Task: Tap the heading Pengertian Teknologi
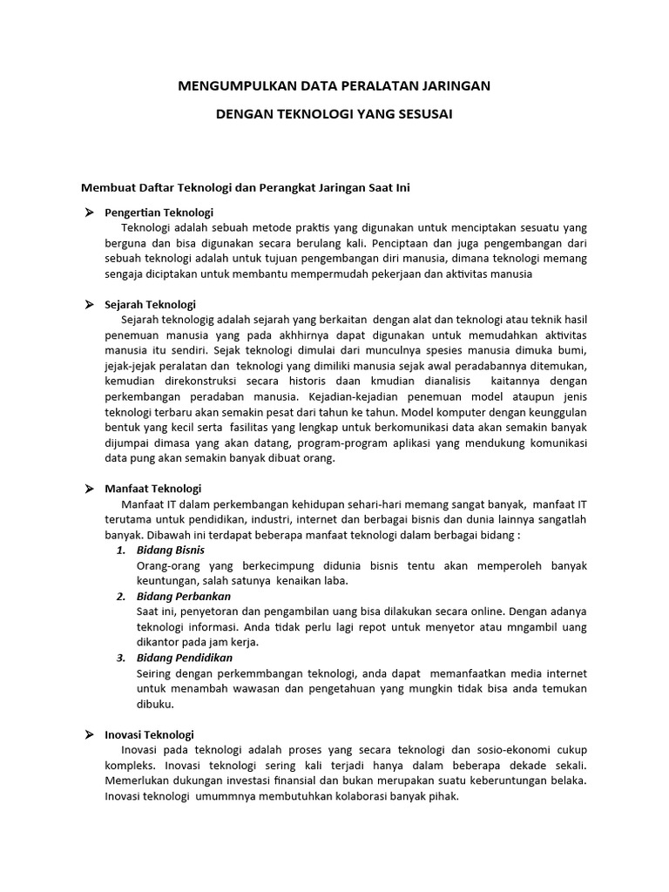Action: pos(159,213)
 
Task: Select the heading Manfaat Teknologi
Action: pos(152,489)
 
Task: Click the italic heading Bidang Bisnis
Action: pos(170,551)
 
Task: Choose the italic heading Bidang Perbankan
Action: pos(183,597)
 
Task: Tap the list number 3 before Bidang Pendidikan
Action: pos(121,658)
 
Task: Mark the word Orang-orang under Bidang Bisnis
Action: pos(166,565)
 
